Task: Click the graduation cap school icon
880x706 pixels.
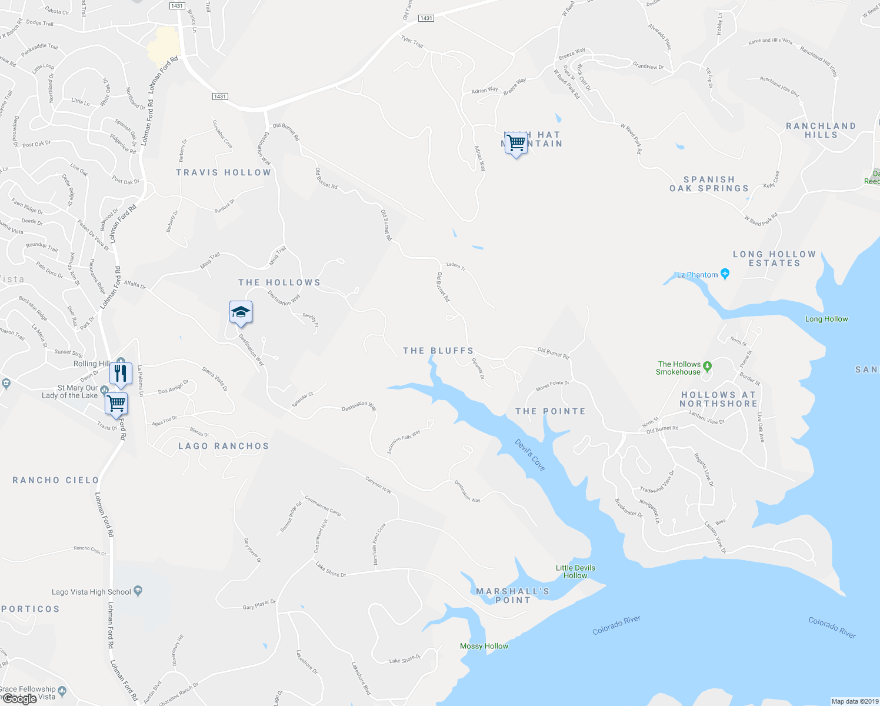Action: [241, 312]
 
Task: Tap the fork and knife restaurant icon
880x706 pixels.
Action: [121, 373]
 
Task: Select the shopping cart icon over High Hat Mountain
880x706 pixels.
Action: [516, 142]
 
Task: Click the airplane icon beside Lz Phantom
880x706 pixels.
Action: [725, 274]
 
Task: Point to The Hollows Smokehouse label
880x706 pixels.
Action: [679, 368]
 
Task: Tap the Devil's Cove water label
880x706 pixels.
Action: [530, 455]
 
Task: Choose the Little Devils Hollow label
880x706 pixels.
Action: [575, 571]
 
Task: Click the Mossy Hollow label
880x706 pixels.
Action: [484, 646]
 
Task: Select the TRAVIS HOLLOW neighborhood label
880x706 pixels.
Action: [224, 172]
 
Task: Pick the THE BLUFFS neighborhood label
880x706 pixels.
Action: [438, 351]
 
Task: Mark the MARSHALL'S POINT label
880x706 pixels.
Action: [512, 595]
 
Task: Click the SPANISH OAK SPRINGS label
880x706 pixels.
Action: [709, 184]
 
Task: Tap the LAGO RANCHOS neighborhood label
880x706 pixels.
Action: [224, 446]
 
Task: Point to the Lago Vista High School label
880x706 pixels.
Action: [91, 592]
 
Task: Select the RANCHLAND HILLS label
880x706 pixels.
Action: [821, 130]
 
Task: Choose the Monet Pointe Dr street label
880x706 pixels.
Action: [552, 386]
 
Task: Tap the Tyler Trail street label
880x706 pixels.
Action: [412, 42]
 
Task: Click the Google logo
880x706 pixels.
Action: [19, 698]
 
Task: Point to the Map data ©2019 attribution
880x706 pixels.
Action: [855, 701]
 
